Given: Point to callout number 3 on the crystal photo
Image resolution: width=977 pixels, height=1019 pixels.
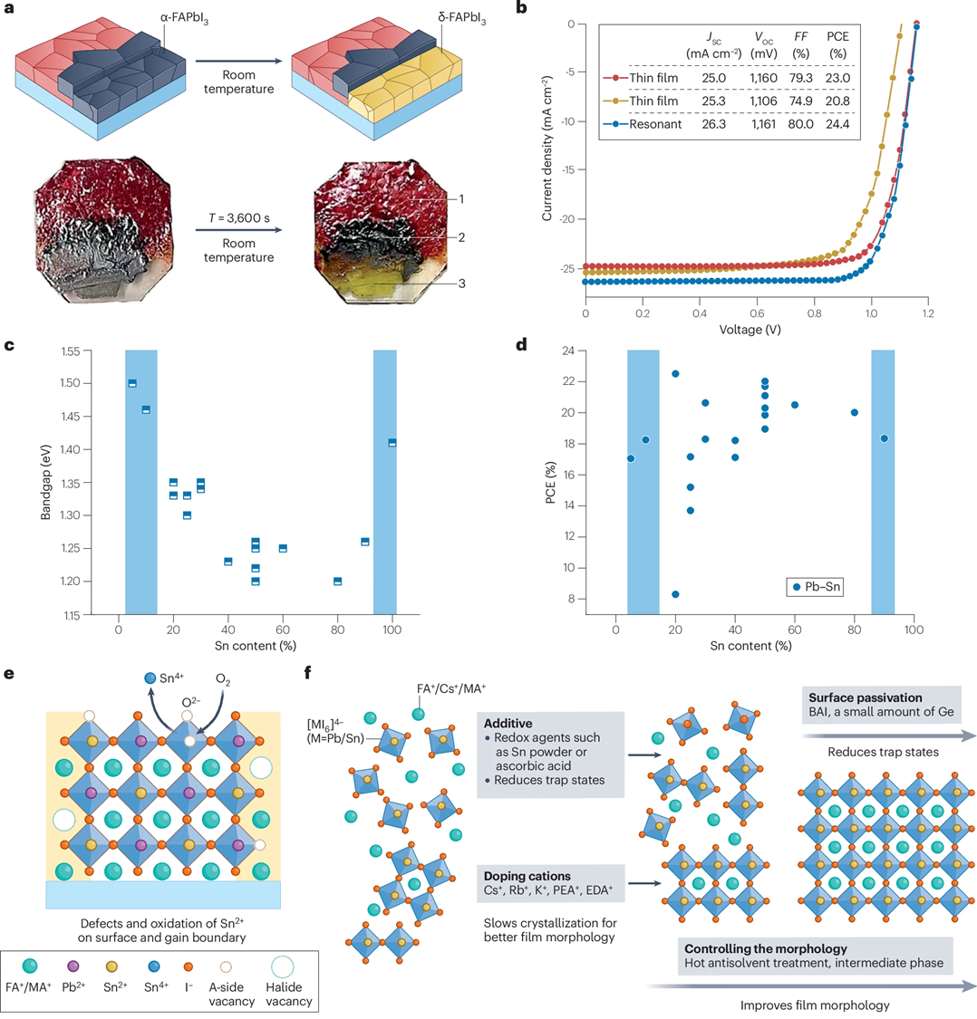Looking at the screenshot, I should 461,284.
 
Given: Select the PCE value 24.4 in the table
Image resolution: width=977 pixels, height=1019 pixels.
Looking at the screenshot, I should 837,124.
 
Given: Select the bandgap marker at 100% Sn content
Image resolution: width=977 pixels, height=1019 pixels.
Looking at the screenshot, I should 392,442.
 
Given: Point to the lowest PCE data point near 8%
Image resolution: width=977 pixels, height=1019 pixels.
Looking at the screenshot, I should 675,594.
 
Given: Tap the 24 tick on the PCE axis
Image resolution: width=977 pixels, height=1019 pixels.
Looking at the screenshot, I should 595,351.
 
